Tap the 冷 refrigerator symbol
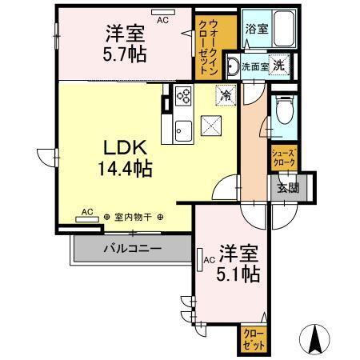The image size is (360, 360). (x=226, y=94)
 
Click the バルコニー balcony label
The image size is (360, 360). (x=131, y=249)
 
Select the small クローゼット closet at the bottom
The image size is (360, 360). (x=253, y=338)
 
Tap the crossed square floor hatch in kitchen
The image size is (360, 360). (x=212, y=125)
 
